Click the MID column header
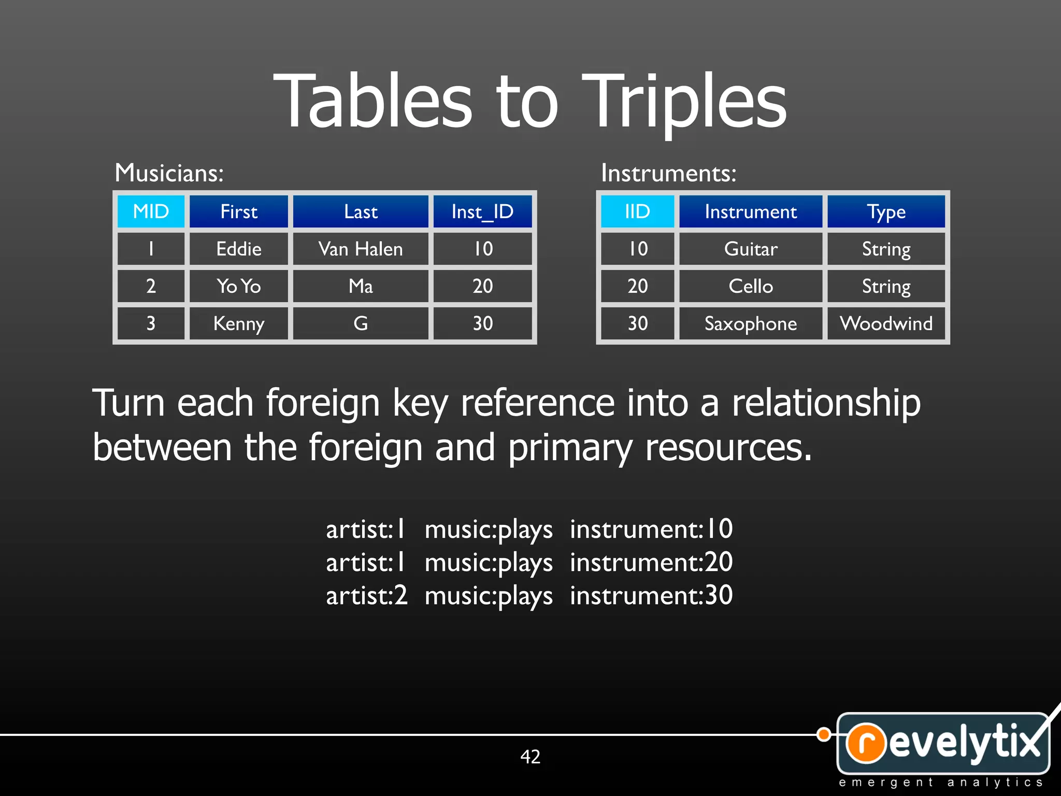click(151, 211)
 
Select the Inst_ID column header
click(482, 211)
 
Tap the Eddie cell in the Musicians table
click(239, 249)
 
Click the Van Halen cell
click(361, 249)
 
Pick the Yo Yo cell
click(239, 286)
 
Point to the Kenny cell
click(239, 323)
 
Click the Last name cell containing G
click(361, 323)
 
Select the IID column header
click(637, 211)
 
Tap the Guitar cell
click(751, 249)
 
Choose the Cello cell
click(751, 286)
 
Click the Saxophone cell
click(751, 323)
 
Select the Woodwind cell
click(886, 323)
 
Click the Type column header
click(886, 211)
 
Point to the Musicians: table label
click(169, 173)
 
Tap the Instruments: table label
click(668, 173)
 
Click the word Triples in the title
click(684, 101)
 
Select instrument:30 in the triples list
click(651, 595)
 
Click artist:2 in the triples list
click(367, 595)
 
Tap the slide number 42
click(530, 757)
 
